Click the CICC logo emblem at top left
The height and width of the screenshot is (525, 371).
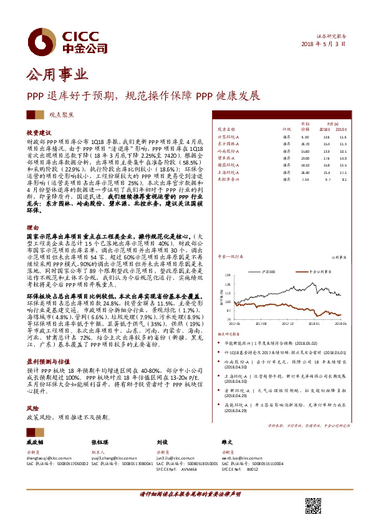pyautogui.click(x=44, y=42)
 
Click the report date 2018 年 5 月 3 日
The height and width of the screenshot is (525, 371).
pyautogui.click(x=324, y=45)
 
